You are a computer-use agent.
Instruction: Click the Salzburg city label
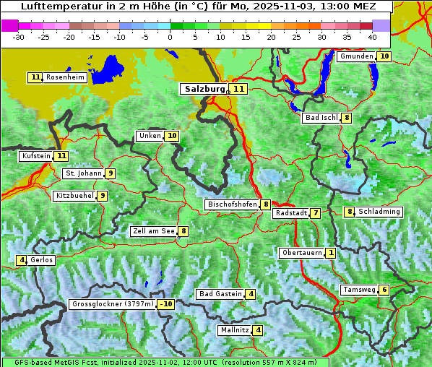[x=205, y=89]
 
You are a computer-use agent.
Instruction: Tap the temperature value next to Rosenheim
[x=35, y=77]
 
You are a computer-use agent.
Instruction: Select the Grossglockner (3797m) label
[x=113, y=304]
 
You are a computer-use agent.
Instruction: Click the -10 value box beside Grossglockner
[x=166, y=304]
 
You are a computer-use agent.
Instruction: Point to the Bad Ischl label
[x=321, y=118]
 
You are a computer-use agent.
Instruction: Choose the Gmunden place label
[x=356, y=56]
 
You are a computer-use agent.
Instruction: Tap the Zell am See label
[x=153, y=231]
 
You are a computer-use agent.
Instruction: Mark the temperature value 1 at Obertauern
[x=330, y=253]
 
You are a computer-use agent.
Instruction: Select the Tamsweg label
[x=359, y=290]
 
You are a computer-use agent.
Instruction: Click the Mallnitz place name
[x=235, y=330]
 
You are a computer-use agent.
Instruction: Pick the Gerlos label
[x=42, y=260]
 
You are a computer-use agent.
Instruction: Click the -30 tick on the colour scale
[x=19, y=36]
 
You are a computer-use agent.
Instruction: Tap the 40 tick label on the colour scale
[x=372, y=36]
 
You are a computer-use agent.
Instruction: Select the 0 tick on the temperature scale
[x=170, y=36]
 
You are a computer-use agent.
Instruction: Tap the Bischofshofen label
[x=232, y=204]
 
